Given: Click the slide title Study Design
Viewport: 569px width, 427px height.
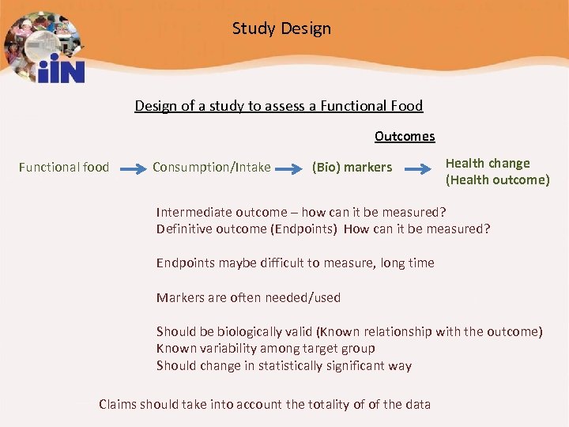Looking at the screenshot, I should click(x=281, y=29).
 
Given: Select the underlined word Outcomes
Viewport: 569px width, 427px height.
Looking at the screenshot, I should click(x=405, y=136).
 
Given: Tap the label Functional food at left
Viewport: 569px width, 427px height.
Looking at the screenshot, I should click(x=64, y=167).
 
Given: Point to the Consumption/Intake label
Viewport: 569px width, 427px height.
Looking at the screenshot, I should click(x=211, y=167).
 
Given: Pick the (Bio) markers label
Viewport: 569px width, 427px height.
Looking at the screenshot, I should click(x=352, y=167).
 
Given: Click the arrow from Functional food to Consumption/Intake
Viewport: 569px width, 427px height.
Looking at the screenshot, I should click(x=131, y=168).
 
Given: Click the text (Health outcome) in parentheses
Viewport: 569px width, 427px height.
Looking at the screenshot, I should click(x=497, y=179).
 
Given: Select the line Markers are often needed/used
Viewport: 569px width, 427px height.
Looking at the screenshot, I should click(x=248, y=297).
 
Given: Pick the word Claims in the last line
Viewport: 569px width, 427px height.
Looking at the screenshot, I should click(x=118, y=404).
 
